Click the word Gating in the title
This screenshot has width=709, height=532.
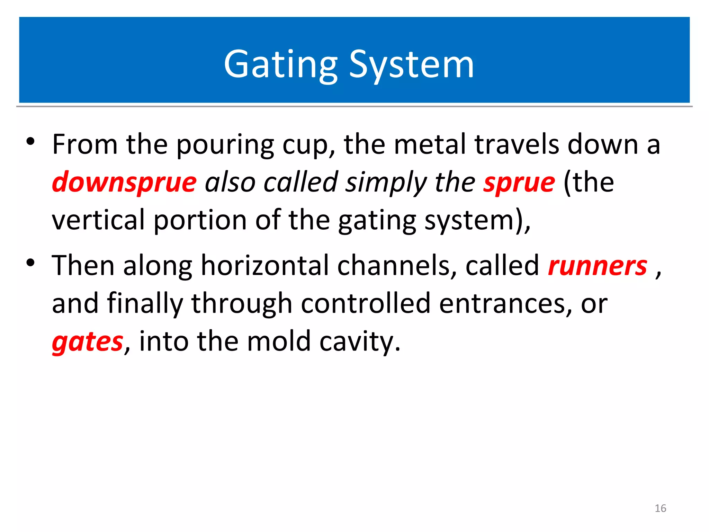point(280,65)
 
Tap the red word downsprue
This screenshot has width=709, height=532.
point(124,183)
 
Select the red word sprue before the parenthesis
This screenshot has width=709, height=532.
point(519,183)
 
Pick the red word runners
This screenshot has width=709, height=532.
point(598,266)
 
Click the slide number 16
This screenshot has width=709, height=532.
point(660,508)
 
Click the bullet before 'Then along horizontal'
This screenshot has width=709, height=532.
point(30,263)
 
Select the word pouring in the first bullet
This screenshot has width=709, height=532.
point(225,145)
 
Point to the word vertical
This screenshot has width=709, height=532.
point(98,220)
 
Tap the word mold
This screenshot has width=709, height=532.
point(279,341)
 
